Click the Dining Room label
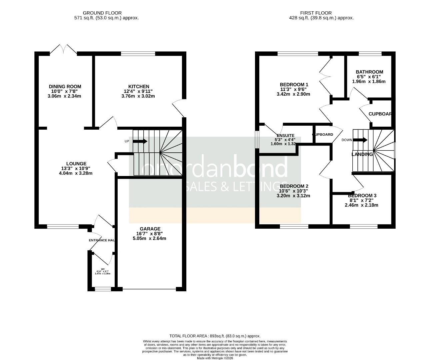pyautogui.click(x=65, y=86)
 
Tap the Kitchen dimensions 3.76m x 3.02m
pyautogui.click(x=138, y=96)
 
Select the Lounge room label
pyautogui.click(x=76, y=163)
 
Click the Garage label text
pyautogui.click(x=150, y=229)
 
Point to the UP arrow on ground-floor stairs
pyautogui.click(x=140, y=141)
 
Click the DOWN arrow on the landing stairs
pyautogui.click(x=360, y=140)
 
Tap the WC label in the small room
pyautogui.click(x=103, y=269)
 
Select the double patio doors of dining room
pyautogui.click(x=63, y=50)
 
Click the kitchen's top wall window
pyautogui.click(x=138, y=53)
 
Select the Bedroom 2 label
pyautogui.click(x=294, y=186)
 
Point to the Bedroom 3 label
pyautogui.click(x=362, y=195)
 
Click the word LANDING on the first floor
pyautogui.click(x=362, y=154)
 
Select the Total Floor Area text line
pyautogui.click(x=215, y=336)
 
